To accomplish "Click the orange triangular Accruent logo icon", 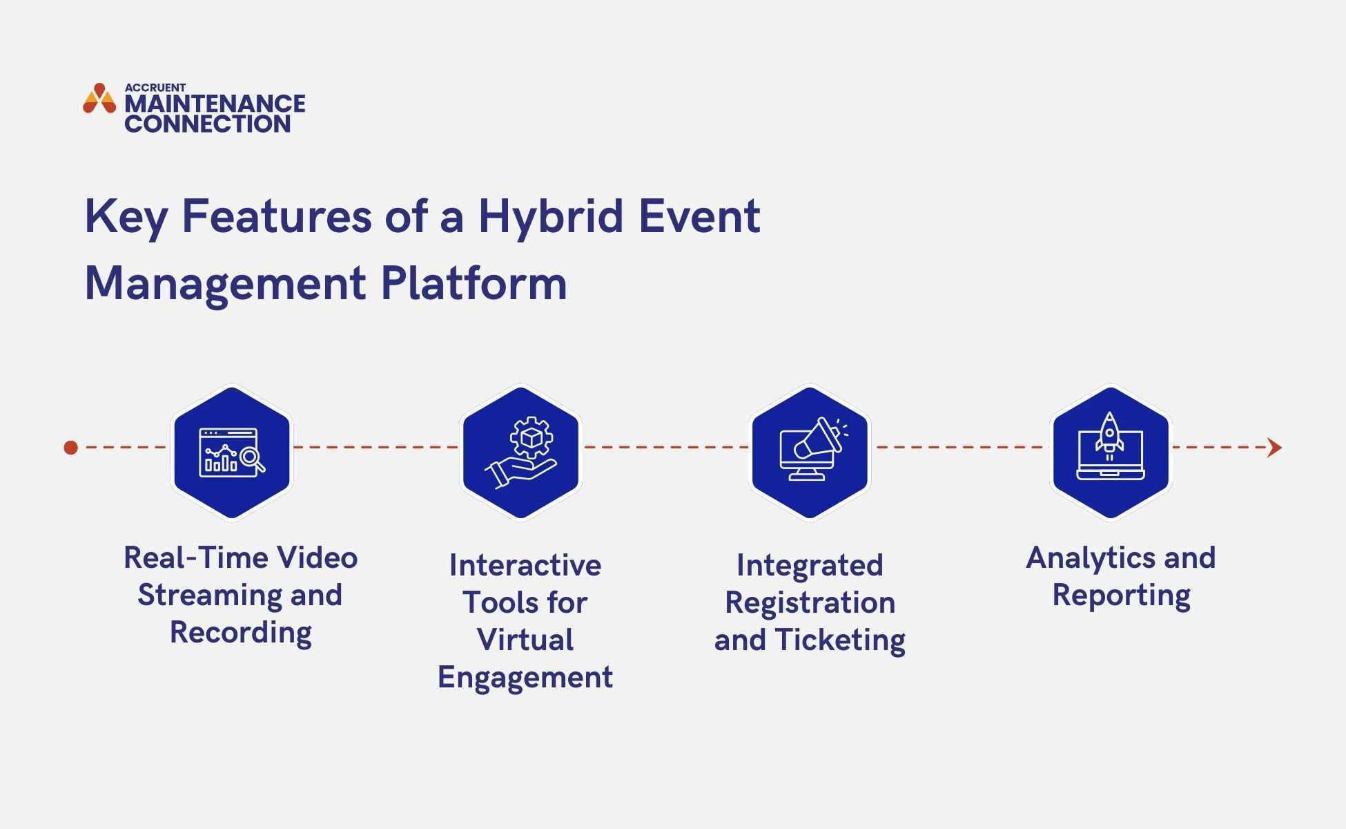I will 99,99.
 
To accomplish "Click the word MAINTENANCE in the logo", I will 215,104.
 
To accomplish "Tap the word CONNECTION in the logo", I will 207,124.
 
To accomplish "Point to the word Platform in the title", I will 474,283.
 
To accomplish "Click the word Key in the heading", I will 125,217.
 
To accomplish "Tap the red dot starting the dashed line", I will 70,448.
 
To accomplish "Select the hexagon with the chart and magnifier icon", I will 232,452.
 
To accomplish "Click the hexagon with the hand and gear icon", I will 521,452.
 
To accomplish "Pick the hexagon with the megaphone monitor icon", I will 810,452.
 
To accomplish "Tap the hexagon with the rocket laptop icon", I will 1111,452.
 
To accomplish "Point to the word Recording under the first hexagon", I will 241,633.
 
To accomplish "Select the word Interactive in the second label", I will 525,566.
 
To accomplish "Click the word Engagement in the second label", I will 525,678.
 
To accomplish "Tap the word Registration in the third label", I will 810,603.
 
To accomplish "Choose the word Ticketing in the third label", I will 839,640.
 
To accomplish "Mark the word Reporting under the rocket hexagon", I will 1121,595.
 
